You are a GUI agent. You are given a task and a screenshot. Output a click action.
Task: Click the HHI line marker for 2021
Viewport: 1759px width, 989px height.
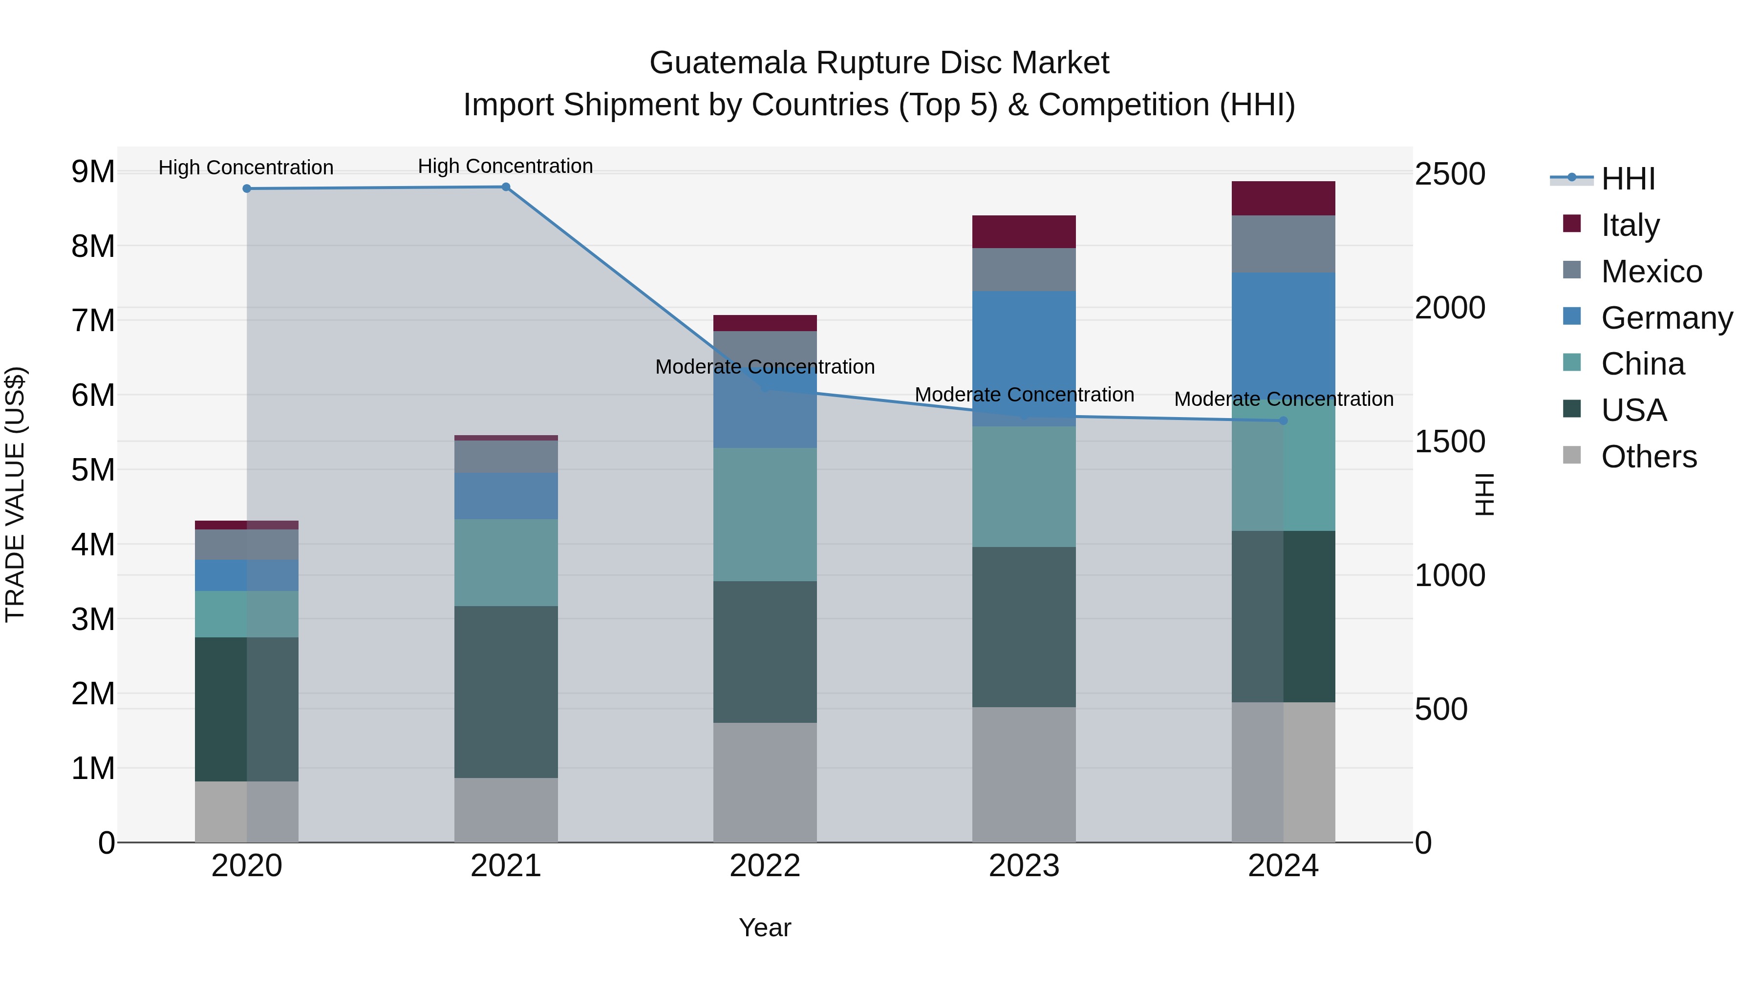pos(506,187)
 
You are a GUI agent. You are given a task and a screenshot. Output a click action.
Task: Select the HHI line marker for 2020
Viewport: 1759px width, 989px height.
pos(247,189)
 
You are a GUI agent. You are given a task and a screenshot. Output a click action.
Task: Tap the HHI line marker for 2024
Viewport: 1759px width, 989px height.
pos(1283,421)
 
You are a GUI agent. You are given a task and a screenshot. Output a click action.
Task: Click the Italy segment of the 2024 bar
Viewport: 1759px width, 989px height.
pos(1283,199)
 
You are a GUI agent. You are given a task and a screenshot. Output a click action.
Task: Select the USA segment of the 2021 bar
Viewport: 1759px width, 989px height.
pos(506,692)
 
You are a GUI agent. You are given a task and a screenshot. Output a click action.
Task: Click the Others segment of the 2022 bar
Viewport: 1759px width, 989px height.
pos(765,782)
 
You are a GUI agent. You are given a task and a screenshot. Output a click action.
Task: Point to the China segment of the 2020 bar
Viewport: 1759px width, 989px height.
pos(247,614)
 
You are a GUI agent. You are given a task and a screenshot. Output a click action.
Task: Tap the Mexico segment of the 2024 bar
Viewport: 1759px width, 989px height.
pos(1283,244)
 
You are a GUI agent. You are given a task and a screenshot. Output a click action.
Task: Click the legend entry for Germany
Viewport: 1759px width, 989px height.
pos(1666,318)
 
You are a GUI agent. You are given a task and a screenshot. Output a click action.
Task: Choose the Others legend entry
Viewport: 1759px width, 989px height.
pos(1649,457)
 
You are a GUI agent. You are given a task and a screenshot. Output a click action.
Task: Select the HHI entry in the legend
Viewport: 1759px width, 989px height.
pos(1628,179)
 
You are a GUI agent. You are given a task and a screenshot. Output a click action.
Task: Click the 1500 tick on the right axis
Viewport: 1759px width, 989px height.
pos(1449,442)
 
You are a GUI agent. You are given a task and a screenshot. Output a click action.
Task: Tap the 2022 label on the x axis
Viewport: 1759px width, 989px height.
pos(765,866)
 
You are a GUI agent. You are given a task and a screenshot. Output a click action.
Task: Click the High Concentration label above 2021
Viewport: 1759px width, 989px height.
pos(505,166)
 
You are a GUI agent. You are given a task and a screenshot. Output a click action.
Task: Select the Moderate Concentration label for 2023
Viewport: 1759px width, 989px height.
pos(1024,395)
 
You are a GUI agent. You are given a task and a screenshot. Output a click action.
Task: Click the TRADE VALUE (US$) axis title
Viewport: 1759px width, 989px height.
pos(16,494)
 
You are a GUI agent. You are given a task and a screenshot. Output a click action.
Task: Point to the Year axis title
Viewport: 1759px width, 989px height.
pos(765,927)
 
